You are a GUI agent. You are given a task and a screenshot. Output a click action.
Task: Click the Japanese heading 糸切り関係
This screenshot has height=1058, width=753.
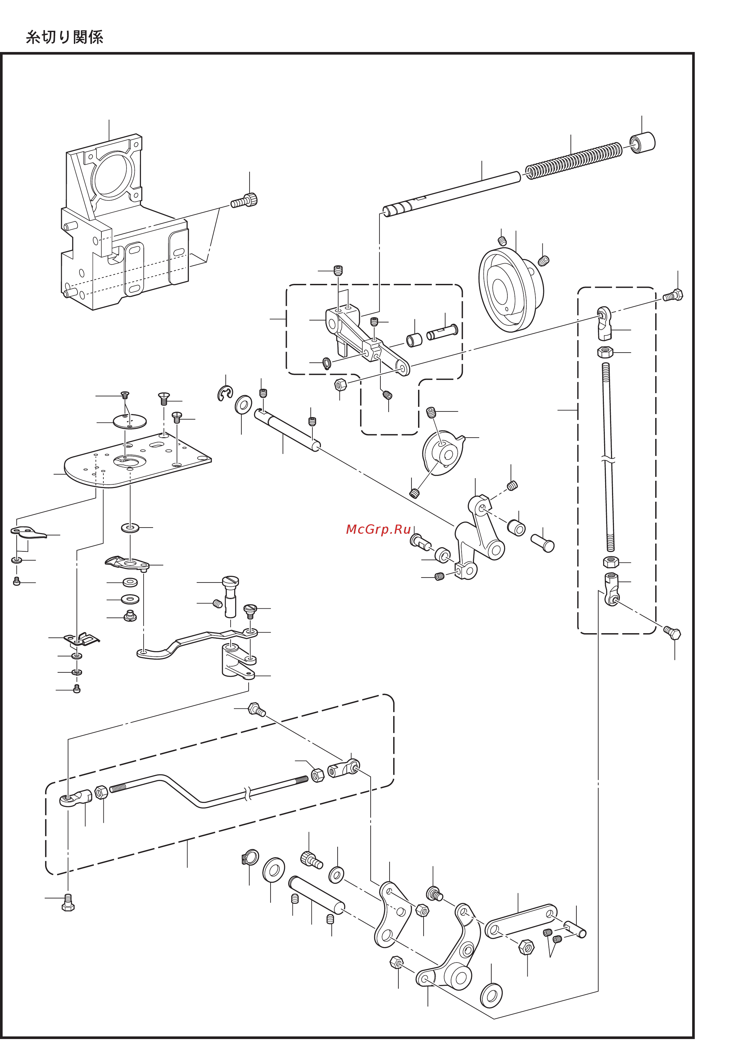[x=64, y=37]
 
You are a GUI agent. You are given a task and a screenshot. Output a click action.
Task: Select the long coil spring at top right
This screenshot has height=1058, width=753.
[x=573, y=160]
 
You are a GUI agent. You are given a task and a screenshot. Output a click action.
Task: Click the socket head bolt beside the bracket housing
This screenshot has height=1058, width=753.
[x=245, y=201]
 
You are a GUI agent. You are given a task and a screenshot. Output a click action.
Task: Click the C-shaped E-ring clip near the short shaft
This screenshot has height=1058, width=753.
[x=225, y=393]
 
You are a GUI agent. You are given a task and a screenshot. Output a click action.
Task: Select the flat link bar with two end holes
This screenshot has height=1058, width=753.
[x=521, y=921]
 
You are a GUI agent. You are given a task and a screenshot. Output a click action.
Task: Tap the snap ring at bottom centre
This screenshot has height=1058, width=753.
[x=250, y=858]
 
